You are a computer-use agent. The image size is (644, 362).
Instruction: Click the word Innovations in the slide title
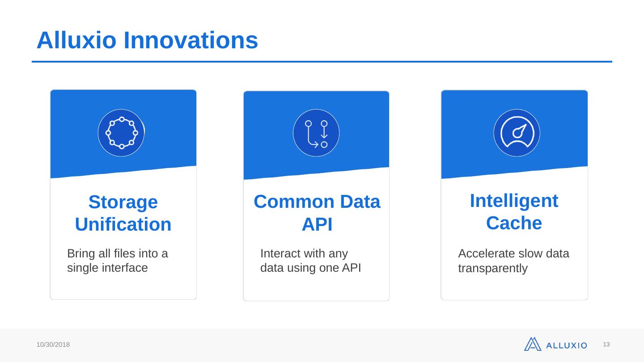tap(191, 40)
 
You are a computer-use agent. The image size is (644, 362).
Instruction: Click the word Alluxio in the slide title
tap(76, 40)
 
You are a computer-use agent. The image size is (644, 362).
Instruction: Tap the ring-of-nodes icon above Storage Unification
tap(121, 133)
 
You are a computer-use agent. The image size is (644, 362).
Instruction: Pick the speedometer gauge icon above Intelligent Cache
tap(517, 133)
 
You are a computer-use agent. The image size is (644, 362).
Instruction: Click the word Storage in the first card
tap(123, 202)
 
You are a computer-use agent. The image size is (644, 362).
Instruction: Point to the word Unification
tap(123, 224)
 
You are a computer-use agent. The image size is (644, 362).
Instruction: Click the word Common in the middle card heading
tap(294, 202)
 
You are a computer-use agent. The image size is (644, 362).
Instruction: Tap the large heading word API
tap(317, 224)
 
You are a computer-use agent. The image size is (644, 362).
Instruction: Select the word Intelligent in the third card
tap(514, 201)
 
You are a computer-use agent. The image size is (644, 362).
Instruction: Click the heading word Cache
tap(514, 223)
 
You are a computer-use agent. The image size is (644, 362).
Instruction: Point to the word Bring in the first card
tap(81, 254)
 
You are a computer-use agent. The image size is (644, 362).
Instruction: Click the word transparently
tap(493, 268)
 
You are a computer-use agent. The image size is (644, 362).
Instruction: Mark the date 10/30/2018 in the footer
tap(53, 345)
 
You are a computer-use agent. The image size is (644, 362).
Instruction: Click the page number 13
tap(606, 345)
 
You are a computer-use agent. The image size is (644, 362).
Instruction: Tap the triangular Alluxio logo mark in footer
tap(533, 344)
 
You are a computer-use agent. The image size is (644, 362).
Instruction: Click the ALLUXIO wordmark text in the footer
tap(566, 345)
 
